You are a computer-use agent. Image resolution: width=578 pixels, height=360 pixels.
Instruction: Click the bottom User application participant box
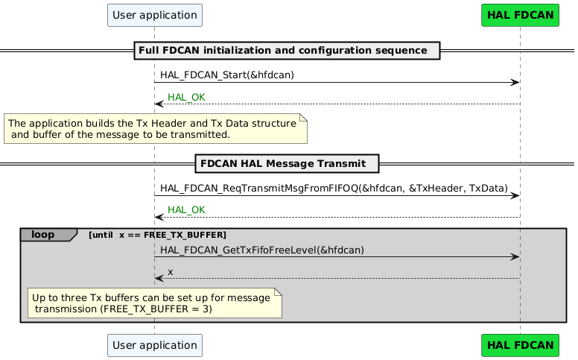point(155,345)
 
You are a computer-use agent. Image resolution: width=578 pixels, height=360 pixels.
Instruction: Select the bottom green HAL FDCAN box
point(520,345)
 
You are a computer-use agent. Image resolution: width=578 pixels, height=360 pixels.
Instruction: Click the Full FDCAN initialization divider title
point(286,51)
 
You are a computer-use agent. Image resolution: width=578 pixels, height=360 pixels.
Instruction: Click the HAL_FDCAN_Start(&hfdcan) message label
point(227,75)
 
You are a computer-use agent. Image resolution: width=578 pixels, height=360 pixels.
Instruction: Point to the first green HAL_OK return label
point(186,98)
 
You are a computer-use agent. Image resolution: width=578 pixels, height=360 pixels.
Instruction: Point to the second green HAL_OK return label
point(186,210)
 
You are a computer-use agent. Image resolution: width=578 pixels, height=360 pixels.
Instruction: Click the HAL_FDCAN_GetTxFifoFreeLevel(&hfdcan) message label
point(261,250)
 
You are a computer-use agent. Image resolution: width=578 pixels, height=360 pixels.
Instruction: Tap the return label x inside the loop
point(171,272)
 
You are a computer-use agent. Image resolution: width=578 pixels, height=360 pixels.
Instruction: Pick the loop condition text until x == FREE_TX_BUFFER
point(156,236)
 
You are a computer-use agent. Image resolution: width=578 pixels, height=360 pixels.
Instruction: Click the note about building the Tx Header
point(155,128)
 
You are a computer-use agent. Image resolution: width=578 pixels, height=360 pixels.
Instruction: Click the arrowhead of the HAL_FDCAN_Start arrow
point(515,83)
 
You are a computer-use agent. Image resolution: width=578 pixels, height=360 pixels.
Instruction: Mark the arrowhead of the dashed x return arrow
point(159,279)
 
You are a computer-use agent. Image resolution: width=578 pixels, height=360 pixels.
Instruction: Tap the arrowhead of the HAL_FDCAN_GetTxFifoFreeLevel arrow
point(515,257)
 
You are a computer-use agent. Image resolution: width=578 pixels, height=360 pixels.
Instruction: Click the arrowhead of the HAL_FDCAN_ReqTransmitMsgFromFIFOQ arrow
point(515,195)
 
